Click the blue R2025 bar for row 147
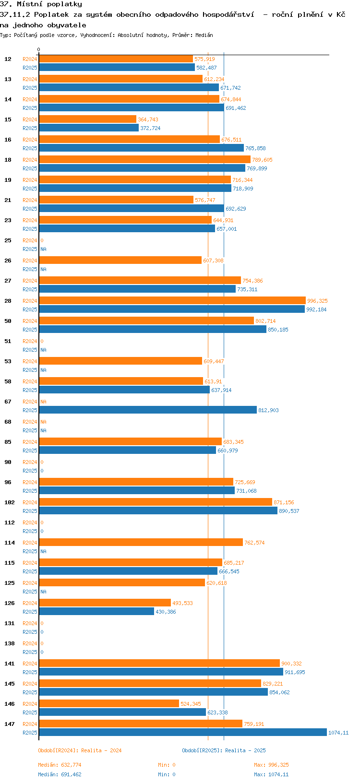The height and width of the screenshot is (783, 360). (x=182, y=732)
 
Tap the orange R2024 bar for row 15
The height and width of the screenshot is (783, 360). (x=87, y=119)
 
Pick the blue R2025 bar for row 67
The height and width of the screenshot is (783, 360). (x=148, y=410)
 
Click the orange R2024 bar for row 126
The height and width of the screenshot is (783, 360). (x=105, y=603)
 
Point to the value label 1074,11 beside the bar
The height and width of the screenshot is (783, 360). (x=338, y=733)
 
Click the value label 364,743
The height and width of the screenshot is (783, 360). (x=148, y=119)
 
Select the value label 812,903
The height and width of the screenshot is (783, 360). (x=268, y=410)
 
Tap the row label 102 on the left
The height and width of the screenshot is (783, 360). (x=9, y=502)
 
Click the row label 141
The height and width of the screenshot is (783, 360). (x=9, y=664)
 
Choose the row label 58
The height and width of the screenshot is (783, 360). (x=8, y=381)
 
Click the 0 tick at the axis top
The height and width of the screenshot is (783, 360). (x=39, y=49)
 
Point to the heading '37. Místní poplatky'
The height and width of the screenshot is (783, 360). (x=41, y=4)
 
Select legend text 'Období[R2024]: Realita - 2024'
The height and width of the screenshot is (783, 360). (x=80, y=750)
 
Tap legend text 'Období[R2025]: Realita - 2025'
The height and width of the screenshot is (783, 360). (x=224, y=750)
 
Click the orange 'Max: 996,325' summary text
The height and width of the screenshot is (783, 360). (x=271, y=765)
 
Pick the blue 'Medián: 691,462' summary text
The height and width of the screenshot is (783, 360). (x=60, y=774)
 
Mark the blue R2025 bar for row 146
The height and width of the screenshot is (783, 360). (x=122, y=712)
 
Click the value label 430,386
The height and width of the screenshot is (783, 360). (x=166, y=612)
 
